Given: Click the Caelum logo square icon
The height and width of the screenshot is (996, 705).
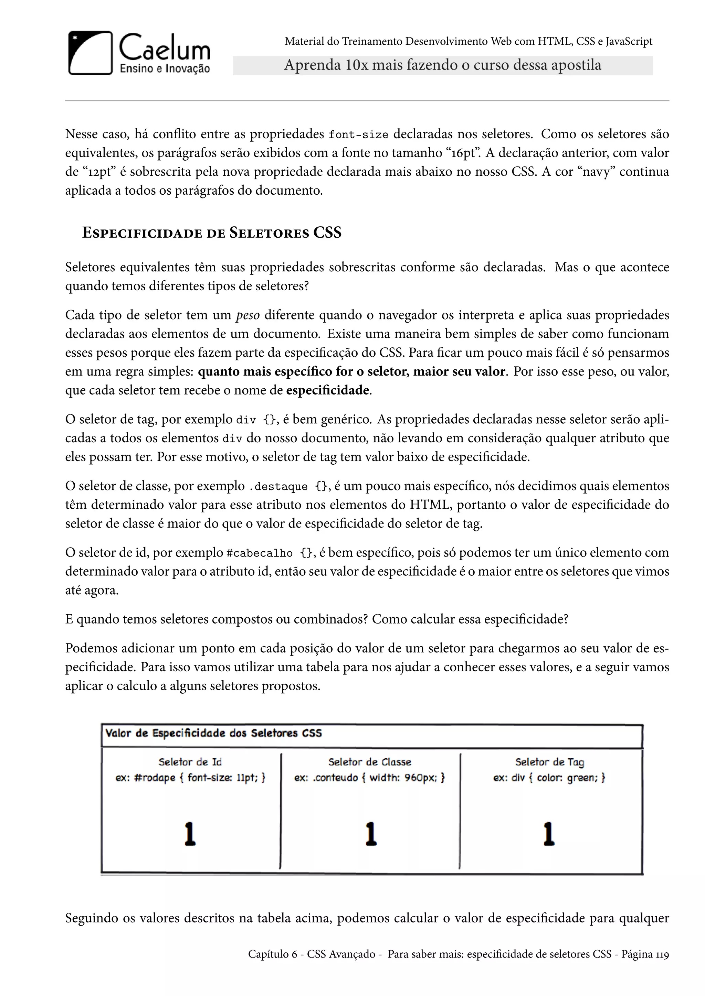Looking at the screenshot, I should pos(90,53).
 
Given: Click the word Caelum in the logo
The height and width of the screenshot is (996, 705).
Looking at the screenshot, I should pos(165,48).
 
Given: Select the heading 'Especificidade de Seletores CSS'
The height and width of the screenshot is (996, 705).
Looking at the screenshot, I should pos(212,233).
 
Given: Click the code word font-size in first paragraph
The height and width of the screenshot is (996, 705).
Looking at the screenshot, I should pos(358,135).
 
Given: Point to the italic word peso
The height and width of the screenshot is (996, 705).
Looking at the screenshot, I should pos(248,315).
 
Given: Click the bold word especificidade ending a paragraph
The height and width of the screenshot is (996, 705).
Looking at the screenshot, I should pos(327,390).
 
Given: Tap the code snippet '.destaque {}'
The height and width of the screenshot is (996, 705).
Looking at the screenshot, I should pos(289,487).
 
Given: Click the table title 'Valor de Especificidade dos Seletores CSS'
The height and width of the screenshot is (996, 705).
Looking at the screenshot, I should pos(213,734).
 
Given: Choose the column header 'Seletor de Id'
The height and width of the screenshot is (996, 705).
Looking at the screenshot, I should pos(190,762).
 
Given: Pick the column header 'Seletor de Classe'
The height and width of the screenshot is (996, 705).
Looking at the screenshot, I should pos(369,762).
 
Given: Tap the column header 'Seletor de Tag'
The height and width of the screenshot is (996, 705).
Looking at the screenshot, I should pos(549,762).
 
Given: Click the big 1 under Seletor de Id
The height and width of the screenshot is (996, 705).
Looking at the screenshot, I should pos(190,834).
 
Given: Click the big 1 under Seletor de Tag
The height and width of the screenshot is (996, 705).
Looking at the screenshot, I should pos(549,834).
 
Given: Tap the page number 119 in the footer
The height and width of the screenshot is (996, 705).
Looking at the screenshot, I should pos(662,954).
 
